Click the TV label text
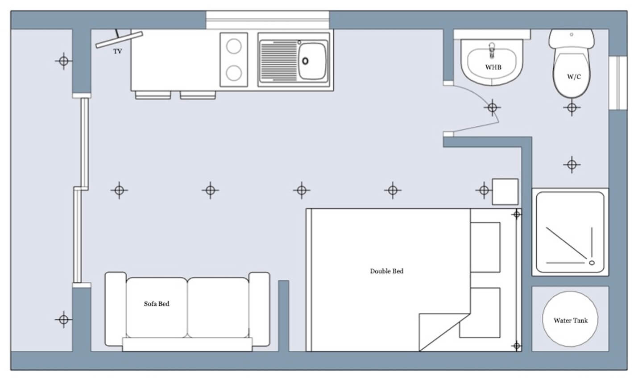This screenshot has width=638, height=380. pyautogui.click(x=118, y=51)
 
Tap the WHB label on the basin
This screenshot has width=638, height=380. pyautogui.click(x=493, y=67)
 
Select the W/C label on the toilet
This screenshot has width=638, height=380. pyautogui.click(x=574, y=77)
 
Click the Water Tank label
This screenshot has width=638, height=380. pyautogui.click(x=571, y=321)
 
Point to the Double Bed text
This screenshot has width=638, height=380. pyautogui.click(x=386, y=271)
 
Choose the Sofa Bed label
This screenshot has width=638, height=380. pyautogui.click(x=157, y=304)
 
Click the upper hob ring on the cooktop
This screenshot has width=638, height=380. pyautogui.click(x=234, y=46)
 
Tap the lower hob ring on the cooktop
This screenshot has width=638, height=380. pyautogui.click(x=234, y=73)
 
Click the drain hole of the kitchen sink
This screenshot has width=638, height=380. pyautogui.click(x=305, y=61)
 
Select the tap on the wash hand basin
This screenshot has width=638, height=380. pyautogui.click(x=492, y=50)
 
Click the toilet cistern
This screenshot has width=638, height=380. pyautogui.click(x=572, y=39)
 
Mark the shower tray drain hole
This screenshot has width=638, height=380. pyautogui.click(x=592, y=263)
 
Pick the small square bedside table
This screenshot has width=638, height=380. pyautogui.click(x=505, y=192)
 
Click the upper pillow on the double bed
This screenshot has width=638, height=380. pyautogui.click(x=485, y=248)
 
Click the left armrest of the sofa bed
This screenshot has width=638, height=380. pyautogui.click(x=116, y=309)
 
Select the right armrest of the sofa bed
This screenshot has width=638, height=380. pyautogui.click(x=259, y=309)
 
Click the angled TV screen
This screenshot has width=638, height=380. pyautogui.click(x=119, y=40)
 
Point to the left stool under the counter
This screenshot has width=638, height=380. pyautogui.click(x=153, y=95)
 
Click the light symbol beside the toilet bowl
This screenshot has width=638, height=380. pyautogui.click(x=572, y=107)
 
